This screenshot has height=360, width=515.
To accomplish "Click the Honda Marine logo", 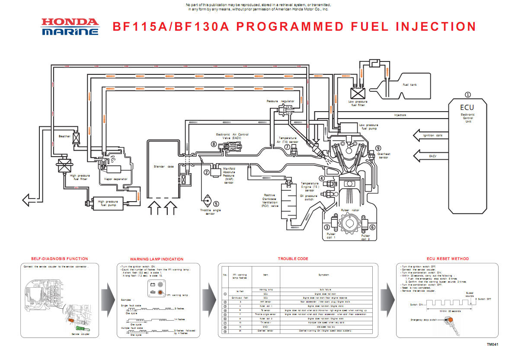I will pos(70,26).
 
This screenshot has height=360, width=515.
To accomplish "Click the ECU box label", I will pos(467,108).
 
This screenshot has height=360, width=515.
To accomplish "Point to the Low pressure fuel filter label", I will pos(358,103).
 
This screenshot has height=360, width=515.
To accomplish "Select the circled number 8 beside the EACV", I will pos(213,144).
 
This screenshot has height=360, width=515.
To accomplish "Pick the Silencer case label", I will pos(164,166).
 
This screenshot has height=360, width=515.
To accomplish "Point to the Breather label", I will pos(64,136).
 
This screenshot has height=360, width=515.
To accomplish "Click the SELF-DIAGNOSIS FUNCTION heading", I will pos(59,259).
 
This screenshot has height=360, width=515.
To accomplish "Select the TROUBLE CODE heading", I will pos(293,259).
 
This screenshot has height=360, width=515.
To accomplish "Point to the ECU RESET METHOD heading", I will pos(448,259).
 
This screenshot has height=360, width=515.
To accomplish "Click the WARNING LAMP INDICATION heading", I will pos(157,259).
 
